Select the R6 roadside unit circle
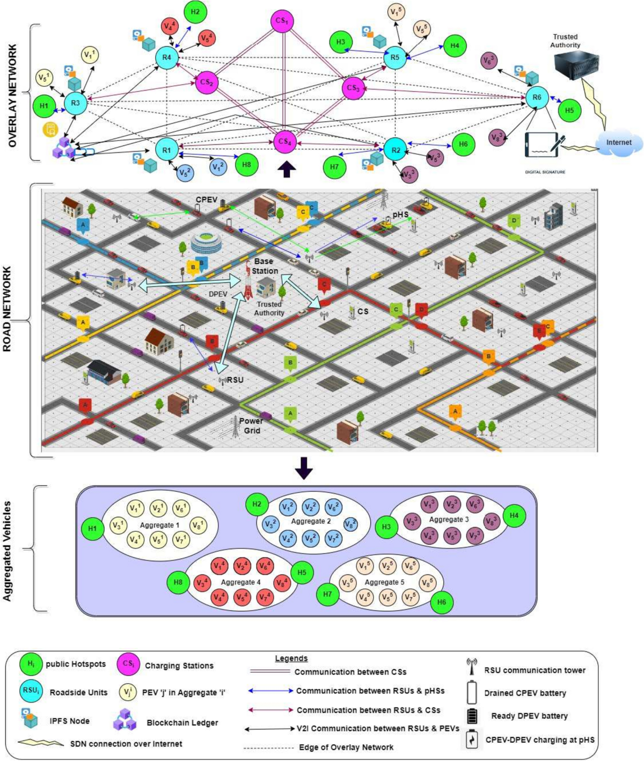(x=537, y=97)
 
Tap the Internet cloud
(x=618, y=143)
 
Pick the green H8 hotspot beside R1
(x=246, y=164)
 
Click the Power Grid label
(x=251, y=426)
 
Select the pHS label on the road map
(x=400, y=215)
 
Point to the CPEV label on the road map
(x=207, y=200)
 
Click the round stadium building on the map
(x=207, y=244)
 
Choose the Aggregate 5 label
(x=385, y=582)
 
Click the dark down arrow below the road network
(x=303, y=467)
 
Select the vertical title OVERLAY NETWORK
(x=13, y=96)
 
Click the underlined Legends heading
(x=291, y=658)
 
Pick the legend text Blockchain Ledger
(x=182, y=723)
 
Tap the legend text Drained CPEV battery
(x=525, y=693)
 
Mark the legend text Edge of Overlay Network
(x=346, y=747)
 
